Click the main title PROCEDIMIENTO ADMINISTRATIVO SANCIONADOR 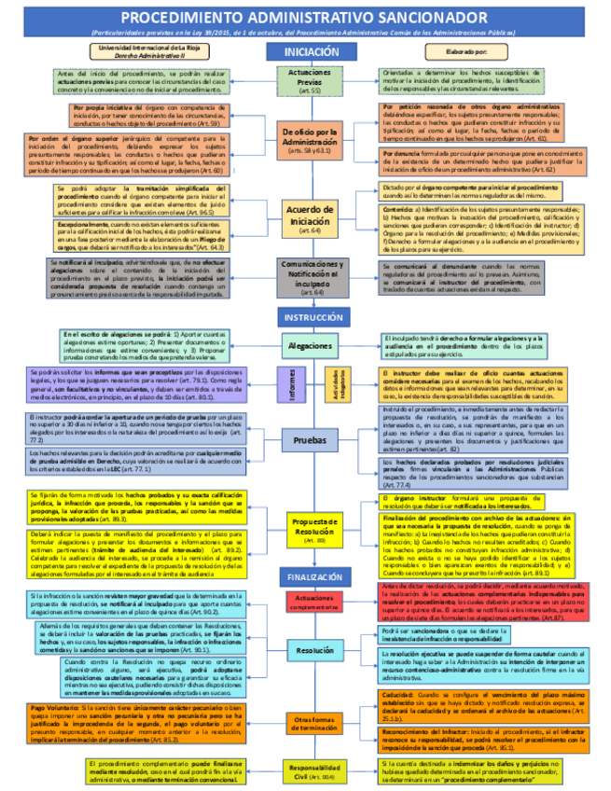click(305, 18)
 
